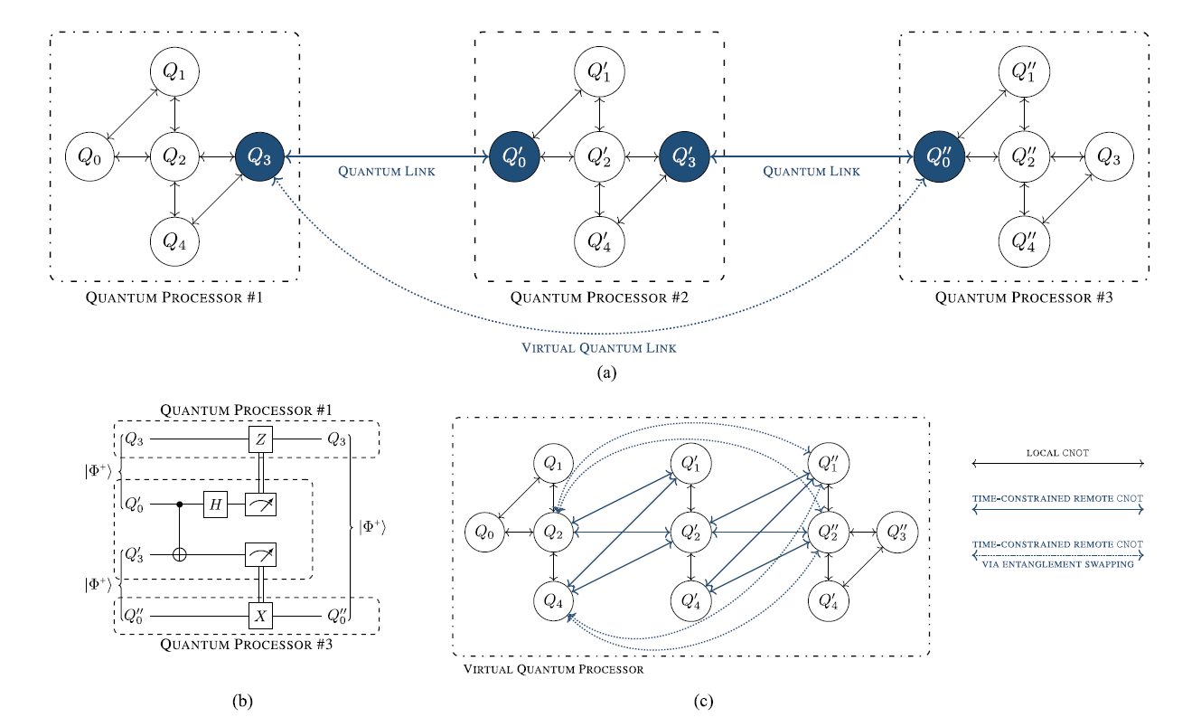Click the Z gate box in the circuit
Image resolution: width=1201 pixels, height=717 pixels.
tap(260, 439)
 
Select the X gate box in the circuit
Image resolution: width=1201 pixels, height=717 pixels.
tap(260, 616)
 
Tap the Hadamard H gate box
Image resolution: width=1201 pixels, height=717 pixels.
tap(215, 505)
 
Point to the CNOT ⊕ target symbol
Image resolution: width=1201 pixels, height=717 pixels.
tap(180, 554)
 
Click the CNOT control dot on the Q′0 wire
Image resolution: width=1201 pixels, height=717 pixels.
tap(180, 505)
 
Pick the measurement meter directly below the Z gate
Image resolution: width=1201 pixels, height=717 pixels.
tap(260, 505)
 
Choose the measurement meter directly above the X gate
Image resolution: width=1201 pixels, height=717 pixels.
tap(260, 554)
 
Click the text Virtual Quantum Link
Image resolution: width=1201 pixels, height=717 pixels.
tap(599, 348)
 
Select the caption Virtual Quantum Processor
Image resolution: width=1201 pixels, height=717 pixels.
tap(553, 669)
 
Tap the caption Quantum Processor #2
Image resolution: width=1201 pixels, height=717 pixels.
tap(599, 297)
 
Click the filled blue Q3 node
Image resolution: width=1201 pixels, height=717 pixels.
tap(259, 156)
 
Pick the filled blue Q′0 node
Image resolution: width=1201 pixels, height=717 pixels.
tap(514, 156)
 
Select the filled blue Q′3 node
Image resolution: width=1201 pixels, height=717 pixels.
tap(684, 156)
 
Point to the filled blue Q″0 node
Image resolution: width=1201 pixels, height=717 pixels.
tap(939, 156)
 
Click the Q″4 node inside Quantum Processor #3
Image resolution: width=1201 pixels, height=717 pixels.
tap(1024, 241)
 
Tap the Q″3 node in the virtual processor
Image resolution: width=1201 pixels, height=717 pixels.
tap(897, 533)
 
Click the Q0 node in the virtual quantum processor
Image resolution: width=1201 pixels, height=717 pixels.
tap(484, 533)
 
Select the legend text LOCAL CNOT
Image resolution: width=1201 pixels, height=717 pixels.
tap(1057, 453)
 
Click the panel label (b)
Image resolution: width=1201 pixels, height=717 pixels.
tap(242, 702)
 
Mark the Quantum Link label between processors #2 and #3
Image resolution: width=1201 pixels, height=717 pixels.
tap(812, 172)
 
